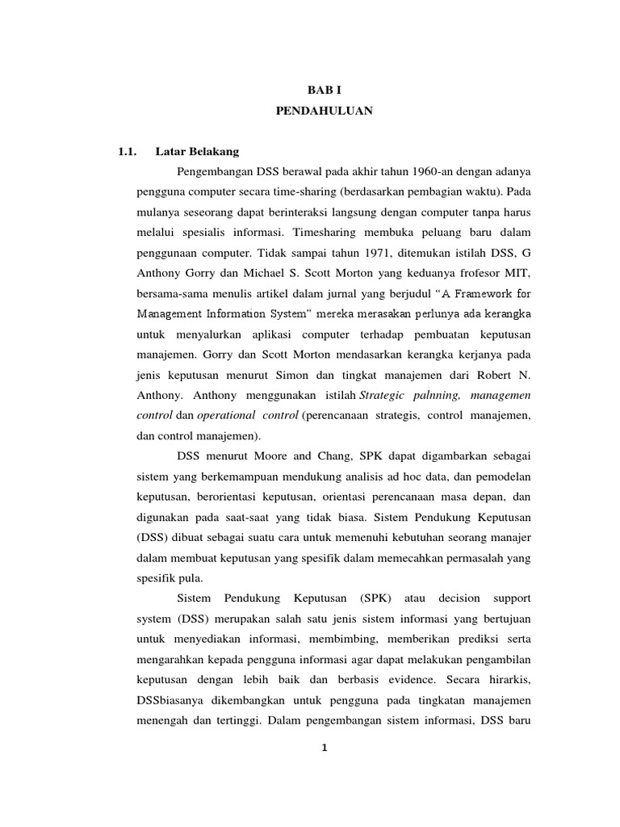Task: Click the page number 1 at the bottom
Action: (323, 748)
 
